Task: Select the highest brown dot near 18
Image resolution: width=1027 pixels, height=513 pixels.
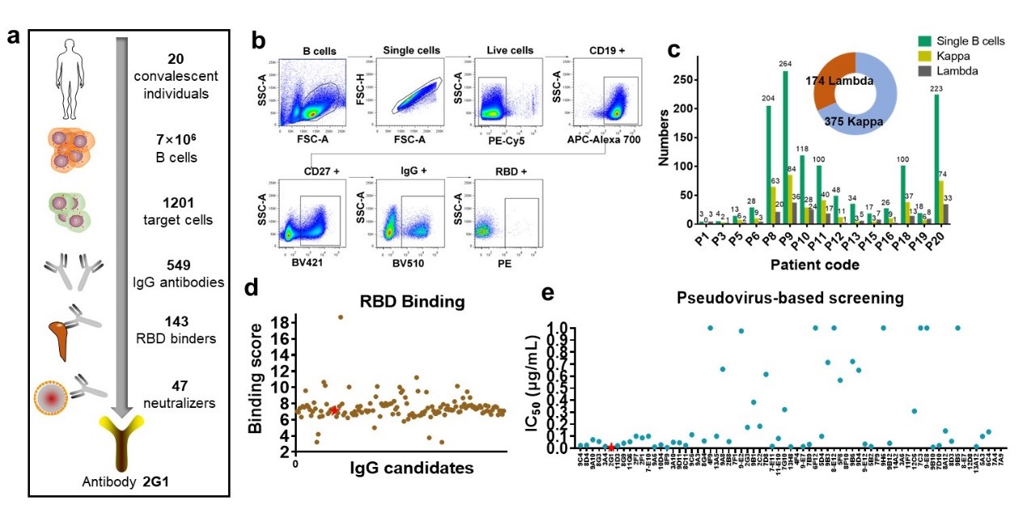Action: click(x=340, y=317)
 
